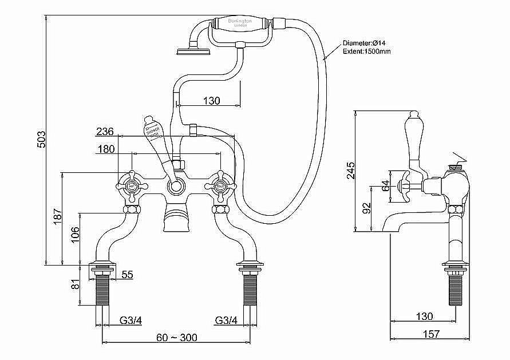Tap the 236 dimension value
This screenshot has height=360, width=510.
click(x=105, y=132)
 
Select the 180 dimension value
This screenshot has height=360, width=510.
click(x=106, y=149)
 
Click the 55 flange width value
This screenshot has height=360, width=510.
click(x=127, y=275)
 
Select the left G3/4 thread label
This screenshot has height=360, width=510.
click(x=131, y=321)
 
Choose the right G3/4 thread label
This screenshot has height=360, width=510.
click(x=227, y=321)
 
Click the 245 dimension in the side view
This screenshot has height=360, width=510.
click(x=351, y=171)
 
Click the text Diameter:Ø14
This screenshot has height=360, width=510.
click(x=366, y=43)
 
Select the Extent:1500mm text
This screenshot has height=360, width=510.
click(x=367, y=52)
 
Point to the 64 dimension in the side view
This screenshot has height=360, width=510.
click(x=385, y=185)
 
